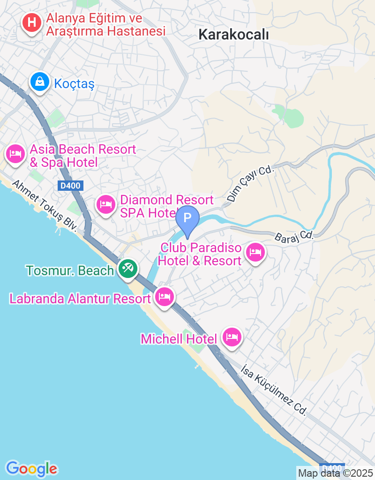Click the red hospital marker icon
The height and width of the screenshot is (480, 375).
click(x=32, y=22)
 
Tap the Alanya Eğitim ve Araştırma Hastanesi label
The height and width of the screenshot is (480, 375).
click(x=106, y=25)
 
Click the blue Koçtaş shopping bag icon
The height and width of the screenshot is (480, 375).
click(x=40, y=82)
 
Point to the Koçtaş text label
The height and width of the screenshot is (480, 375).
click(x=75, y=84)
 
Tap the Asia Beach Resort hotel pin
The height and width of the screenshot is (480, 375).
click(x=16, y=153)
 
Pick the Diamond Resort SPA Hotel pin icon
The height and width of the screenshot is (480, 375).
click(x=106, y=204)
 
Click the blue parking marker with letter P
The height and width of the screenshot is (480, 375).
click(x=187, y=219)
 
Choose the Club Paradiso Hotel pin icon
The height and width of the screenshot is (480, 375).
click(x=255, y=253)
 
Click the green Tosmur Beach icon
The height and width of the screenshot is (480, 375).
click(x=127, y=269)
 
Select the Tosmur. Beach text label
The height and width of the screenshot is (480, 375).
click(x=70, y=270)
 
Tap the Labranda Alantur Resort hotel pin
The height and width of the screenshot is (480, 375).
click(x=164, y=296)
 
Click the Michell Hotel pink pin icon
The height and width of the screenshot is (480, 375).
click(x=232, y=336)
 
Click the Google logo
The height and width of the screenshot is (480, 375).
click(x=31, y=468)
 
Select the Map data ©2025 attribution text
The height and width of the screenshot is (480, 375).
click(x=335, y=473)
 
